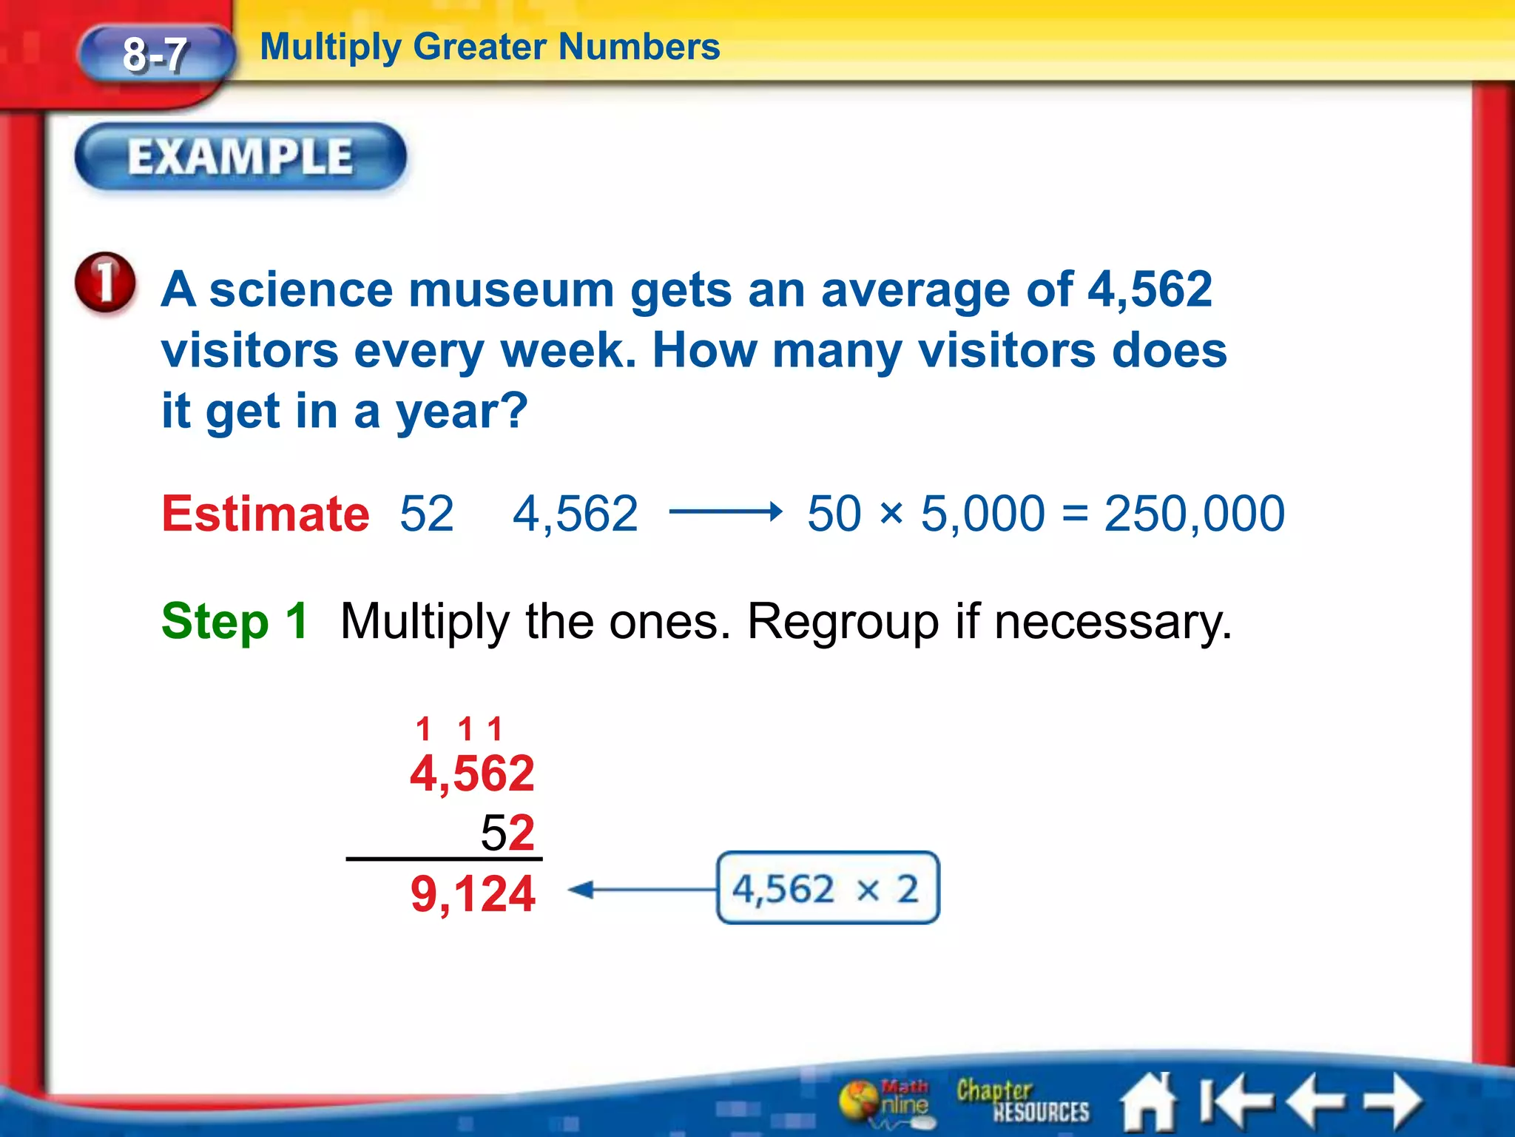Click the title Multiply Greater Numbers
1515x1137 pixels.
click(x=490, y=47)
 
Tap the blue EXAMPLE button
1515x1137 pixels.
click(x=240, y=157)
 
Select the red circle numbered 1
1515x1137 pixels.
click(x=105, y=282)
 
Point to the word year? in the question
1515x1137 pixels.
click(x=462, y=412)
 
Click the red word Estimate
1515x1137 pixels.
click(x=266, y=514)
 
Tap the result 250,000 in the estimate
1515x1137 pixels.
click(x=1194, y=514)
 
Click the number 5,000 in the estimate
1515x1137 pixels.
click(x=982, y=514)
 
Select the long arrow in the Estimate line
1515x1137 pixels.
click(x=725, y=512)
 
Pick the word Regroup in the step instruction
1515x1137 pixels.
click(x=843, y=622)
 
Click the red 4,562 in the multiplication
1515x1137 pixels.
click(x=472, y=774)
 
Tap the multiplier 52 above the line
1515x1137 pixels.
click(x=507, y=833)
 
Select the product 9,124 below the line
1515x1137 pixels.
click(x=473, y=894)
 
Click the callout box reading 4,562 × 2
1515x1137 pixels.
click(x=828, y=888)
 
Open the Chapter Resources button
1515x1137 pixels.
click(x=1022, y=1101)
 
